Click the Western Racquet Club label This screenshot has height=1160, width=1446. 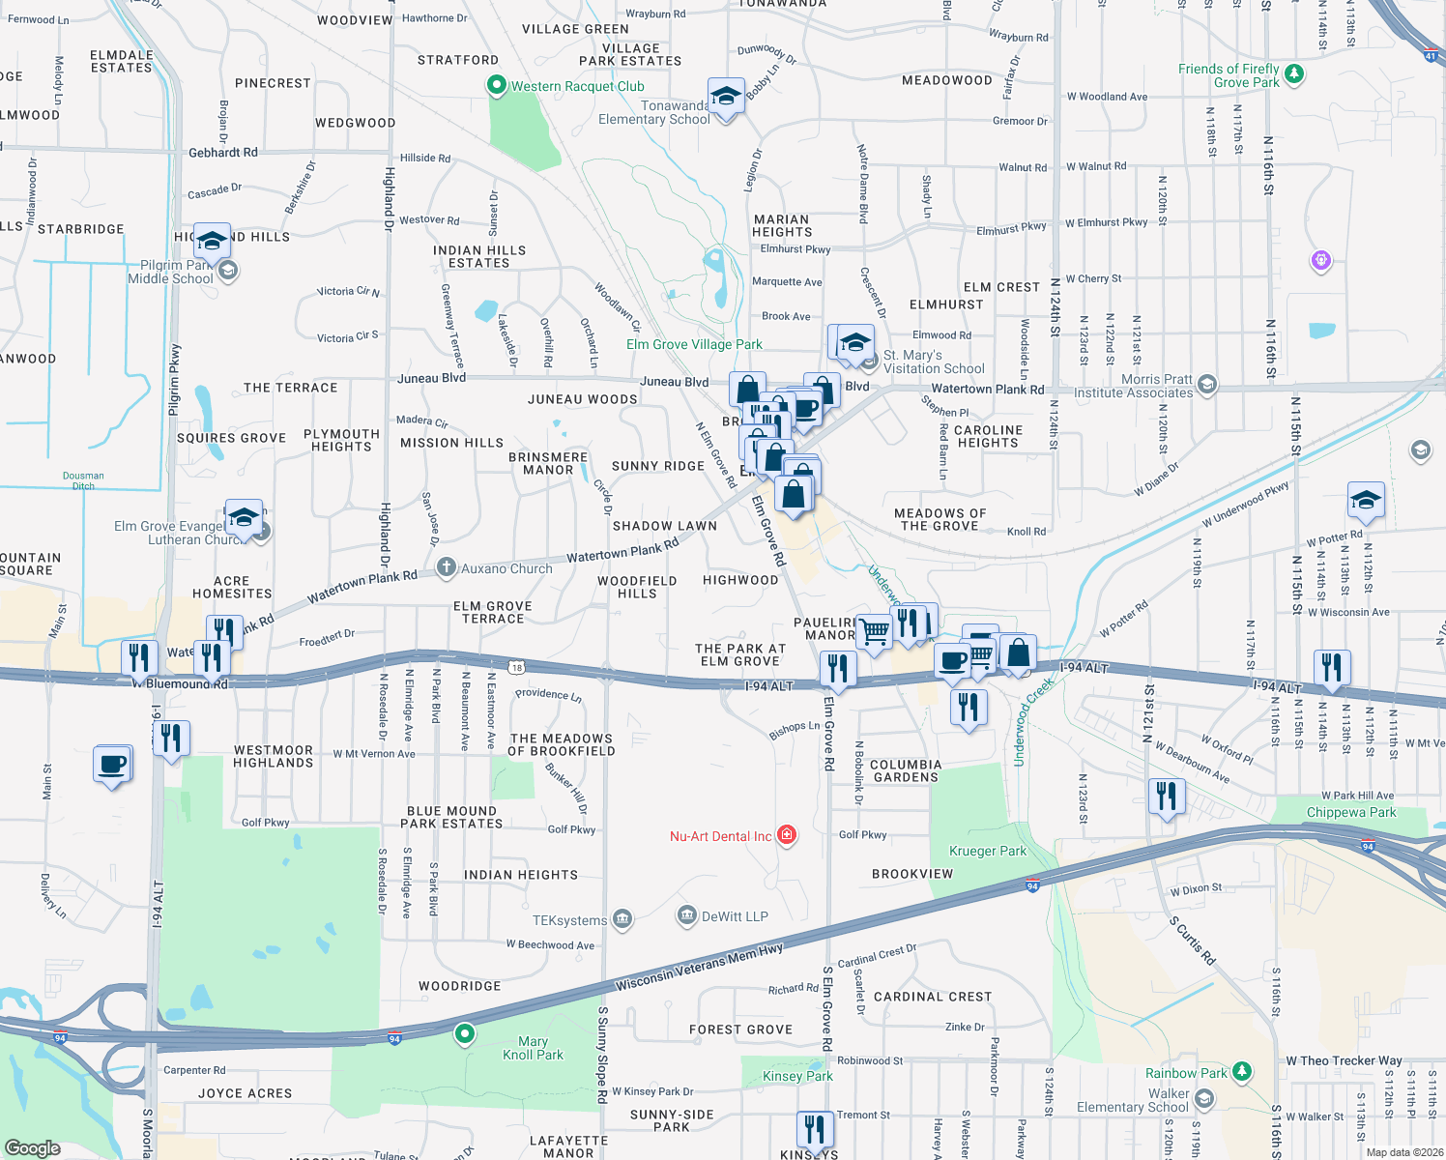click(x=577, y=86)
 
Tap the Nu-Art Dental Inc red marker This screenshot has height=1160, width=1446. click(x=787, y=835)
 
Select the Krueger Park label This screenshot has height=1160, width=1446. click(x=988, y=851)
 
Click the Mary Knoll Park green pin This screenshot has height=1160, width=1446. click(x=465, y=1033)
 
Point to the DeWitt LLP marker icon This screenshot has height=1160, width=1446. click(x=687, y=915)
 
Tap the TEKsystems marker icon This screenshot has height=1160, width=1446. click(x=622, y=919)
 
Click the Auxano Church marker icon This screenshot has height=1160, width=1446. click(x=446, y=567)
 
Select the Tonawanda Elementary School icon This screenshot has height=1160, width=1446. click(x=726, y=97)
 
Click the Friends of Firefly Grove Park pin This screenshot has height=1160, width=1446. click(x=1294, y=73)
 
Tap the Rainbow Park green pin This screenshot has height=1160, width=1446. click(x=1242, y=1071)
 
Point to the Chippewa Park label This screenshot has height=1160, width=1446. click(x=1351, y=812)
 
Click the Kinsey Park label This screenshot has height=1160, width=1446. click(x=797, y=1076)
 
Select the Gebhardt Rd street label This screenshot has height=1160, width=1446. click(x=223, y=152)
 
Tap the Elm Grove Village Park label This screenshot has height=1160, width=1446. click(x=694, y=344)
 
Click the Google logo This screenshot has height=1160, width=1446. click(x=33, y=1147)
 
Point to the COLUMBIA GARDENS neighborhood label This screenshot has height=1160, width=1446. click(x=905, y=770)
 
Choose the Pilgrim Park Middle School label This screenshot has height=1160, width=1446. click(x=170, y=272)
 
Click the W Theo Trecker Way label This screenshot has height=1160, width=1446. click(x=1344, y=1060)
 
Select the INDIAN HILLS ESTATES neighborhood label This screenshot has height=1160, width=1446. click(x=479, y=256)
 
